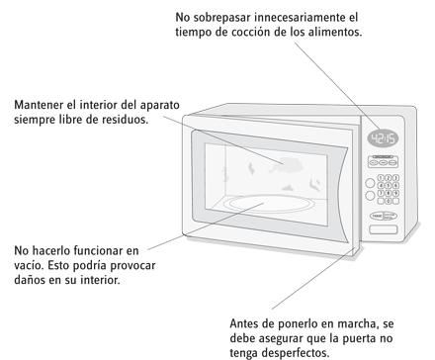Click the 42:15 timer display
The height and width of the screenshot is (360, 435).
pyautogui.click(x=383, y=138)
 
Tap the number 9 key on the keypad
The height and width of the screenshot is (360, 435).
pyautogui.click(x=395, y=193)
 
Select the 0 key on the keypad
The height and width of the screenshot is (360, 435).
pyautogui.click(x=389, y=201)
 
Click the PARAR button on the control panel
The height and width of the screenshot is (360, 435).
pyautogui.click(x=377, y=217)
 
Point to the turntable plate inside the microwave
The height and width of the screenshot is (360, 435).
pyautogui.click(x=267, y=203)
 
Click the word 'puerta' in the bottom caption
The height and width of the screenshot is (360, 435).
pyautogui.click(x=358, y=339)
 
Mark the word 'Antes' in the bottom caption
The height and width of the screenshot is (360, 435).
pyautogui.click(x=243, y=323)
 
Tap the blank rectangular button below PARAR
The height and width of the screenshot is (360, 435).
pyautogui.click(x=383, y=229)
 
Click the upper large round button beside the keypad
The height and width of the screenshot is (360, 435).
pyautogui.click(x=371, y=182)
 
